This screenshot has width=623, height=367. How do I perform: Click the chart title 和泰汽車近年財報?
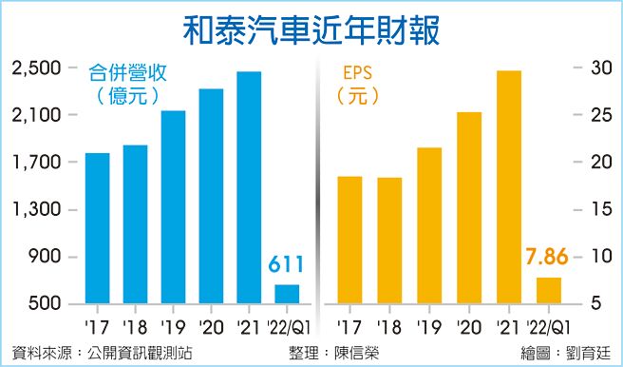click(x=311, y=26)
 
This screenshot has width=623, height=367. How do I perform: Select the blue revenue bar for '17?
click(x=97, y=228)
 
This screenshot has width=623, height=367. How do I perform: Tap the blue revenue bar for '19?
click(x=173, y=207)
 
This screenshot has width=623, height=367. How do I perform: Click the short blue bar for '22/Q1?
click(x=287, y=294)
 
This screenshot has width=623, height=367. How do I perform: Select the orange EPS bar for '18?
click(x=389, y=241)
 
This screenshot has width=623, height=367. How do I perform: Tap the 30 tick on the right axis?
click(x=594, y=68)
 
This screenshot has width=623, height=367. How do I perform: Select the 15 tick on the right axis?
click(x=594, y=210)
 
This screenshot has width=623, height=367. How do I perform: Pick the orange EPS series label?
click(x=354, y=72)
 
